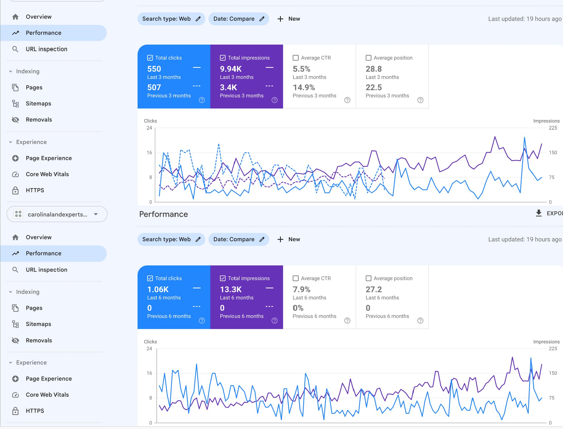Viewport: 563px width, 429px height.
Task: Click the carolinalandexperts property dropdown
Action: (x=57, y=214)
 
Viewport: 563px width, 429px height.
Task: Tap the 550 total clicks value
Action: (x=154, y=69)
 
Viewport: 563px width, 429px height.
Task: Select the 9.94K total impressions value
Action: (x=231, y=69)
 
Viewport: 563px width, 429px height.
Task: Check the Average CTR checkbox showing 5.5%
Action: (x=296, y=58)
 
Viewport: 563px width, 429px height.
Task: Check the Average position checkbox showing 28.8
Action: (x=368, y=58)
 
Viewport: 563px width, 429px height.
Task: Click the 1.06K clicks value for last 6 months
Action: (x=158, y=289)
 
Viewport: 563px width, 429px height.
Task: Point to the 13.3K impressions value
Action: (x=231, y=289)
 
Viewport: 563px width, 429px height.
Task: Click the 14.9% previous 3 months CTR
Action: (x=304, y=87)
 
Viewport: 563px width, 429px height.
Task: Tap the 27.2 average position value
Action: (x=374, y=289)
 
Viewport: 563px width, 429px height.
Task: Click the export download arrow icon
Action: (x=539, y=213)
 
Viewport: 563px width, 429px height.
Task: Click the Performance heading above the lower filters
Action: (x=163, y=214)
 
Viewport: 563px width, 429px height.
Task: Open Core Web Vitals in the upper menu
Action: (x=47, y=174)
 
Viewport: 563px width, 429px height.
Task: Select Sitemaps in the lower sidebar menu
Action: (x=38, y=324)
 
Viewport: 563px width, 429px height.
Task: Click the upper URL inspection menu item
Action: (x=46, y=49)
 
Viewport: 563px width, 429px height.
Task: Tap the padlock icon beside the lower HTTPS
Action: (x=16, y=411)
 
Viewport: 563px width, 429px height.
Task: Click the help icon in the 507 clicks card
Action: (x=202, y=100)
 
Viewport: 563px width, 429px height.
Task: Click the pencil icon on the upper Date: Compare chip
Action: (x=262, y=19)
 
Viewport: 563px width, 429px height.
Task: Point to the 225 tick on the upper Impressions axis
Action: (x=553, y=128)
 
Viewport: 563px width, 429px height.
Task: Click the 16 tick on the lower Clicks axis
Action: (x=149, y=373)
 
